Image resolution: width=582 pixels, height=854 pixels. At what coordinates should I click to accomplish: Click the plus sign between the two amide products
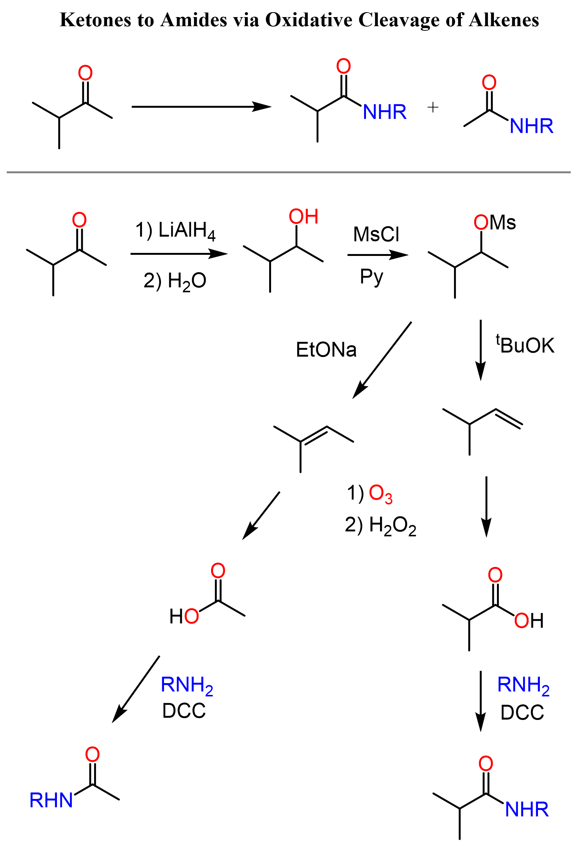433,108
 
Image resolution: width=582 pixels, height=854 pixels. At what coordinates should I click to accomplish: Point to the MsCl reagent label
376,234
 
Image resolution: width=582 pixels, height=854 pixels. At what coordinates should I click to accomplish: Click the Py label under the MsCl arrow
371,277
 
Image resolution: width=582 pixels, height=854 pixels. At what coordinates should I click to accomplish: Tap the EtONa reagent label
326,350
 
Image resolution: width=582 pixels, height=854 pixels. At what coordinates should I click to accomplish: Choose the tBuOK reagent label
525,345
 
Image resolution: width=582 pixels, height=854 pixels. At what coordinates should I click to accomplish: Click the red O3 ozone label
380,494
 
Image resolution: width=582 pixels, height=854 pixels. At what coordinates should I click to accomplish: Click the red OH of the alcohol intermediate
303,217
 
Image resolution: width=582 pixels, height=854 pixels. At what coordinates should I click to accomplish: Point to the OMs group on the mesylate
494,223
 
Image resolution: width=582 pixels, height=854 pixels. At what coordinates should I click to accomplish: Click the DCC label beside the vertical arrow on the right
522,713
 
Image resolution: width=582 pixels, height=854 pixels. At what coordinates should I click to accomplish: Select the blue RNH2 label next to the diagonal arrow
187,686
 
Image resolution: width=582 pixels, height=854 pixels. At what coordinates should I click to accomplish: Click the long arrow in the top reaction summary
201,107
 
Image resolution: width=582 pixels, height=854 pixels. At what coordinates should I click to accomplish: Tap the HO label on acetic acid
184,616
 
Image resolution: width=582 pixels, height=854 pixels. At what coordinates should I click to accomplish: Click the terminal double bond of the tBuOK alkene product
509,419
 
